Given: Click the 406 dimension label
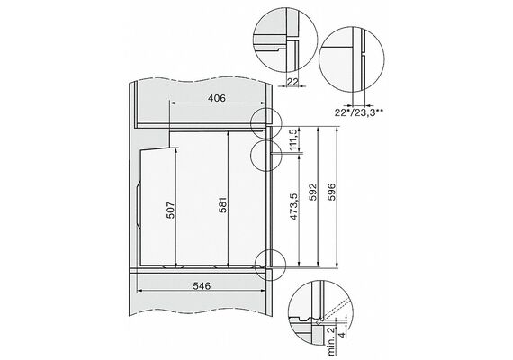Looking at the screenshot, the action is (x=217, y=98).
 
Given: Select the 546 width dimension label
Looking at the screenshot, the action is (x=202, y=285).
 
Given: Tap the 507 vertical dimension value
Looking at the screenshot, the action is (x=172, y=210).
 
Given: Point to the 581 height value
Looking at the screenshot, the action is (x=223, y=205).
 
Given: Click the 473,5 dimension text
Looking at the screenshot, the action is (x=293, y=206).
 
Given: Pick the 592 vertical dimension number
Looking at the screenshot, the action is (x=313, y=192).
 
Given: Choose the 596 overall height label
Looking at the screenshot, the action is (x=332, y=192).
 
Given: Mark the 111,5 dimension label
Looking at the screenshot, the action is (x=293, y=139).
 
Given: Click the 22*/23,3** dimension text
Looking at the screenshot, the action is (x=359, y=112).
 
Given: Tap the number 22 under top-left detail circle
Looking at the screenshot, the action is (x=292, y=82).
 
